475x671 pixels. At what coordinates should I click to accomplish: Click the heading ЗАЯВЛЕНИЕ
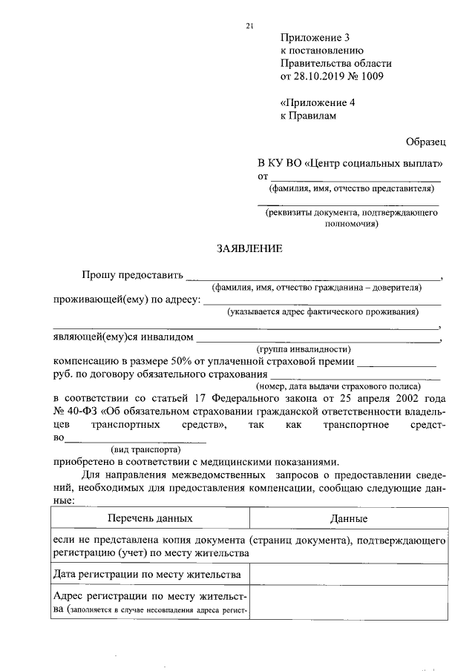pos(249,249)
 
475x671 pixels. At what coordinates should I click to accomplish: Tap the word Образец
pos(425,139)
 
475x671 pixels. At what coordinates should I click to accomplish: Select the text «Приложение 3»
pos(315,38)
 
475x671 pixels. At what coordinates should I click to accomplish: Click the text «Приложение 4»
pos(318,102)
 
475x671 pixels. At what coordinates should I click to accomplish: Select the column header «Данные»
pos(349,519)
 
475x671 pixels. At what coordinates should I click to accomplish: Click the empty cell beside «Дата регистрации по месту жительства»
pos(349,574)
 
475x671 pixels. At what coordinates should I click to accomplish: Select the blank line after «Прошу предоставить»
pos(312,277)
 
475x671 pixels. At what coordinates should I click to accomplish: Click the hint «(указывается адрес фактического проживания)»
pos(323,311)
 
